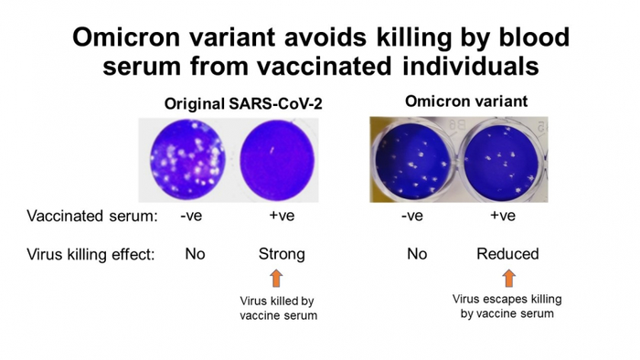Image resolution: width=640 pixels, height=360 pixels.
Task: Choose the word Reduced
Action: [x=507, y=254]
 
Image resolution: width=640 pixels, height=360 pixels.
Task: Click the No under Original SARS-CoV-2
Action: [x=194, y=254]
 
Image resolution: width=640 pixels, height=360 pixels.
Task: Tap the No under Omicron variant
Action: [x=416, y=254]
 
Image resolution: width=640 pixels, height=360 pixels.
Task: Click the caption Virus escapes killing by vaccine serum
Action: [x=507, y=304]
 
